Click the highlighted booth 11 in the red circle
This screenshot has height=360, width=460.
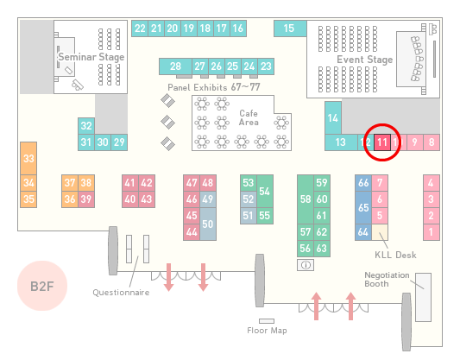click(x=382, y=142)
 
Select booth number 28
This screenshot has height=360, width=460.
click(x=175, y=66)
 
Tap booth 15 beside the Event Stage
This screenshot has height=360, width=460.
click(x=290, y=28)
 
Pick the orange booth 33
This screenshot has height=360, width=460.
click(x=28, y=159)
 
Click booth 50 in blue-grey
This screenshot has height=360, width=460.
click(x=208, y=224)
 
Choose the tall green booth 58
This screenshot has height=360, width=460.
click(x=306, y=199)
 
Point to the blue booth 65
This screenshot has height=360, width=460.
click(x=363, y=208)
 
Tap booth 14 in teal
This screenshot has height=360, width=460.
click(x=333, y=117)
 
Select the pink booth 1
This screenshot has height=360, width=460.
click(x=432, y=232)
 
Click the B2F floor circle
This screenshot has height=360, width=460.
click(x=42, y=286)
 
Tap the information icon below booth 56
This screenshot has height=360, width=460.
click(x=306, y=265)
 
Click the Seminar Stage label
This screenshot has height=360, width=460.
click(x=91, y=57)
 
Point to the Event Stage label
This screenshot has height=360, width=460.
click(x=365, y=60)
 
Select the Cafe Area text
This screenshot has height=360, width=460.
click(x=249, y=117)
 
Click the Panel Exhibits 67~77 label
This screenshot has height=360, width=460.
click(x=214, y=87)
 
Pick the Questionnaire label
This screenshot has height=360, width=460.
click(x=121, y=293)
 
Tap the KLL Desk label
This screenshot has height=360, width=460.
click(x=395, y=255)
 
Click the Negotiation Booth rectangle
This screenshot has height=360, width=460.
click(x=424, y=298)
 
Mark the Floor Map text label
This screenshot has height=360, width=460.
click(x=267, y=331)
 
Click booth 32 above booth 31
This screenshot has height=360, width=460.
click(x=86, y=126)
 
